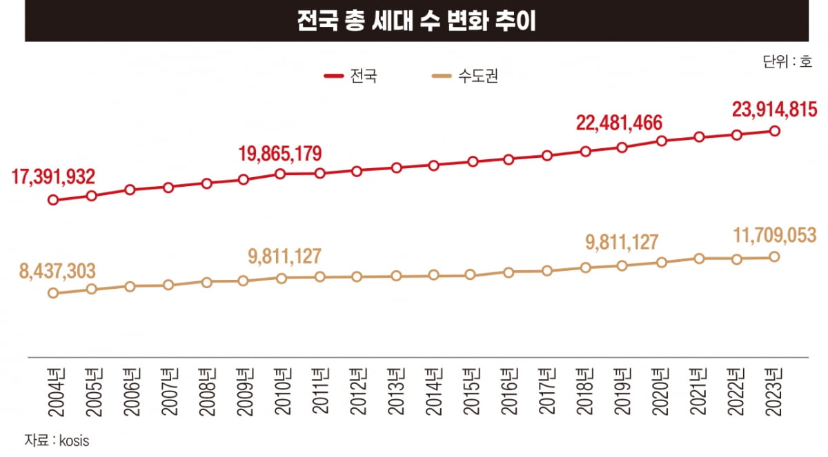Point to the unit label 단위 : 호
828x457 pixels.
[x=787, y=61]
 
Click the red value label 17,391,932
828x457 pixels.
[x=53, y=177]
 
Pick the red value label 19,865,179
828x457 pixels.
[x=280, y=153]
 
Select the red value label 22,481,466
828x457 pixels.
[x=620, y=123]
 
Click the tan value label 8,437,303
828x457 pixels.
[x=57, y=270]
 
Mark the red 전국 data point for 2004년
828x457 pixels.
[x=53, y=201]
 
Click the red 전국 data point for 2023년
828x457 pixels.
[x=774, y=131]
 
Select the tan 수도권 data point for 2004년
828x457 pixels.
[x=53, y=293]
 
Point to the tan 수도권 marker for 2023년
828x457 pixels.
[x=774, y=257]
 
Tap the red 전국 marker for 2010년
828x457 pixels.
[x=281, y=174]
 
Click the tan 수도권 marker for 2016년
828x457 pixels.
[x=509, y=272]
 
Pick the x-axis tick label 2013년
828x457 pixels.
[x=395, y=392]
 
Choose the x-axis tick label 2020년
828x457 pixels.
[x=661, y=392]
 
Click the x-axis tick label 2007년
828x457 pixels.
[x=168, y=392]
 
